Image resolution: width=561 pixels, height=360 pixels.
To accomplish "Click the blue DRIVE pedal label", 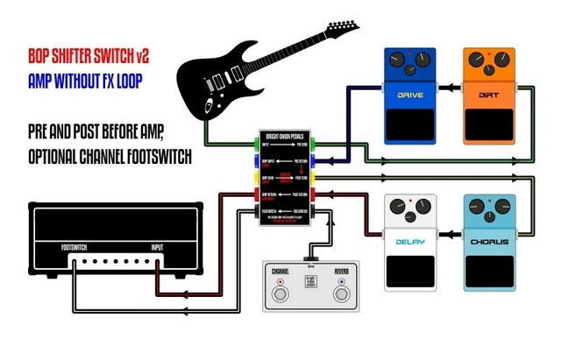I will pyautogui.click(x=410, y=94).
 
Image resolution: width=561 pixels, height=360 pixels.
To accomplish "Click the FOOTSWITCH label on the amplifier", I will pyautogui.click(x=75, y=247).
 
